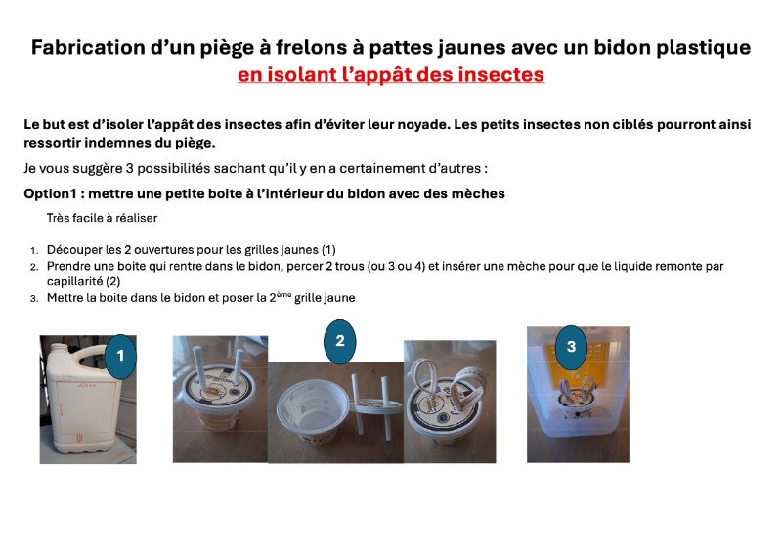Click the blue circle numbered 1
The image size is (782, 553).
[x=120, y=356]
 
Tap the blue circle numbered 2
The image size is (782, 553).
[x=339, y=342]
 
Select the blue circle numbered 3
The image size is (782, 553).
[x=571, y=347]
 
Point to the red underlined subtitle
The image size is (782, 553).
[x=391, y=75]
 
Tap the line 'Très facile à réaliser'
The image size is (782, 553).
[x=102, y=218]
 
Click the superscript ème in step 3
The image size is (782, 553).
[x=283, y=295]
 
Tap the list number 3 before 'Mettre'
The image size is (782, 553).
[x=33, y=299]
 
